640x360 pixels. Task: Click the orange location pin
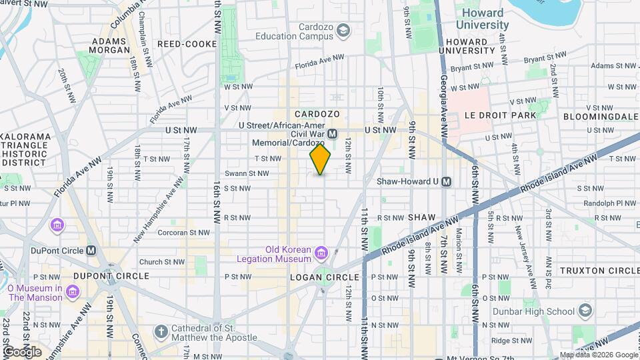tap(320, 159)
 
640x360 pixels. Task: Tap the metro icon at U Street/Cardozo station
tap(332, 134)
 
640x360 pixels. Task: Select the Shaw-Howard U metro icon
tap(447, 181)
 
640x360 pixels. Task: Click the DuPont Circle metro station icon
tap(91, 251)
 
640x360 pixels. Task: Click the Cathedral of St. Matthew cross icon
tap(161, 331)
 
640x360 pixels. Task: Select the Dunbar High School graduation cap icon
tap(585, 311)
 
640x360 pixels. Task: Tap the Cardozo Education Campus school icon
tap(343, 31)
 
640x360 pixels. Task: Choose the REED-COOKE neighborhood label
tap(187, 44)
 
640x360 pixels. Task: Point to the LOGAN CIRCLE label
tap(325, 277)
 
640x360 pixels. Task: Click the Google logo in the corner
tap(22, 351)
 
